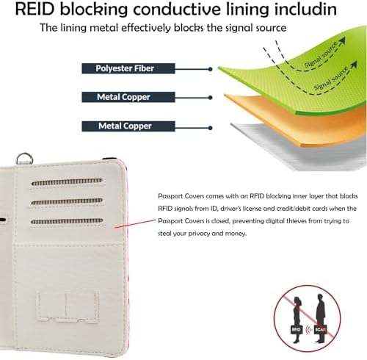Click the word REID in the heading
(34, 9)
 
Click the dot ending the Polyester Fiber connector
(210, 69)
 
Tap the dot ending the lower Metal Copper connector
(210, 128)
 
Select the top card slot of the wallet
(67, 182)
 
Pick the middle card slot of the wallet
(67, 201)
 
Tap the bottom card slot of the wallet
(67, 221)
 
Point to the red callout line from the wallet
(135, 224)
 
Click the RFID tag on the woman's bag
(296, 330)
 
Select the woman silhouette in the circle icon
(297, 318)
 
